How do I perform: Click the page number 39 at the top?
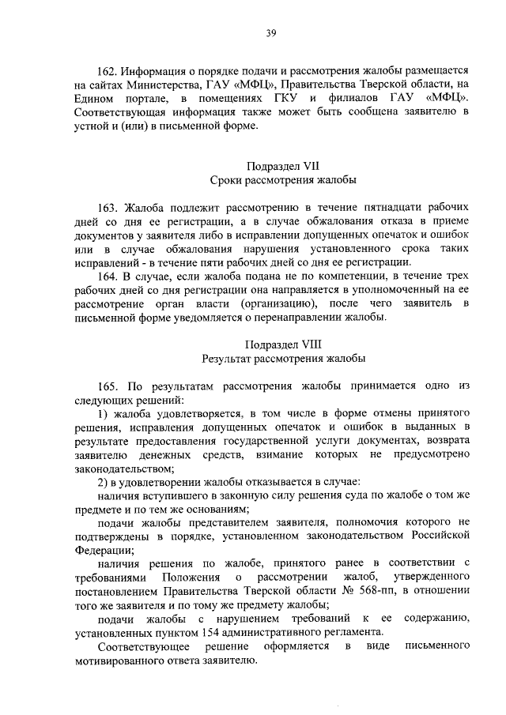pyautogui.click(x=270, y=32)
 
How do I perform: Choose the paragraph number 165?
pyautogui.click(x=109, y=386)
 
